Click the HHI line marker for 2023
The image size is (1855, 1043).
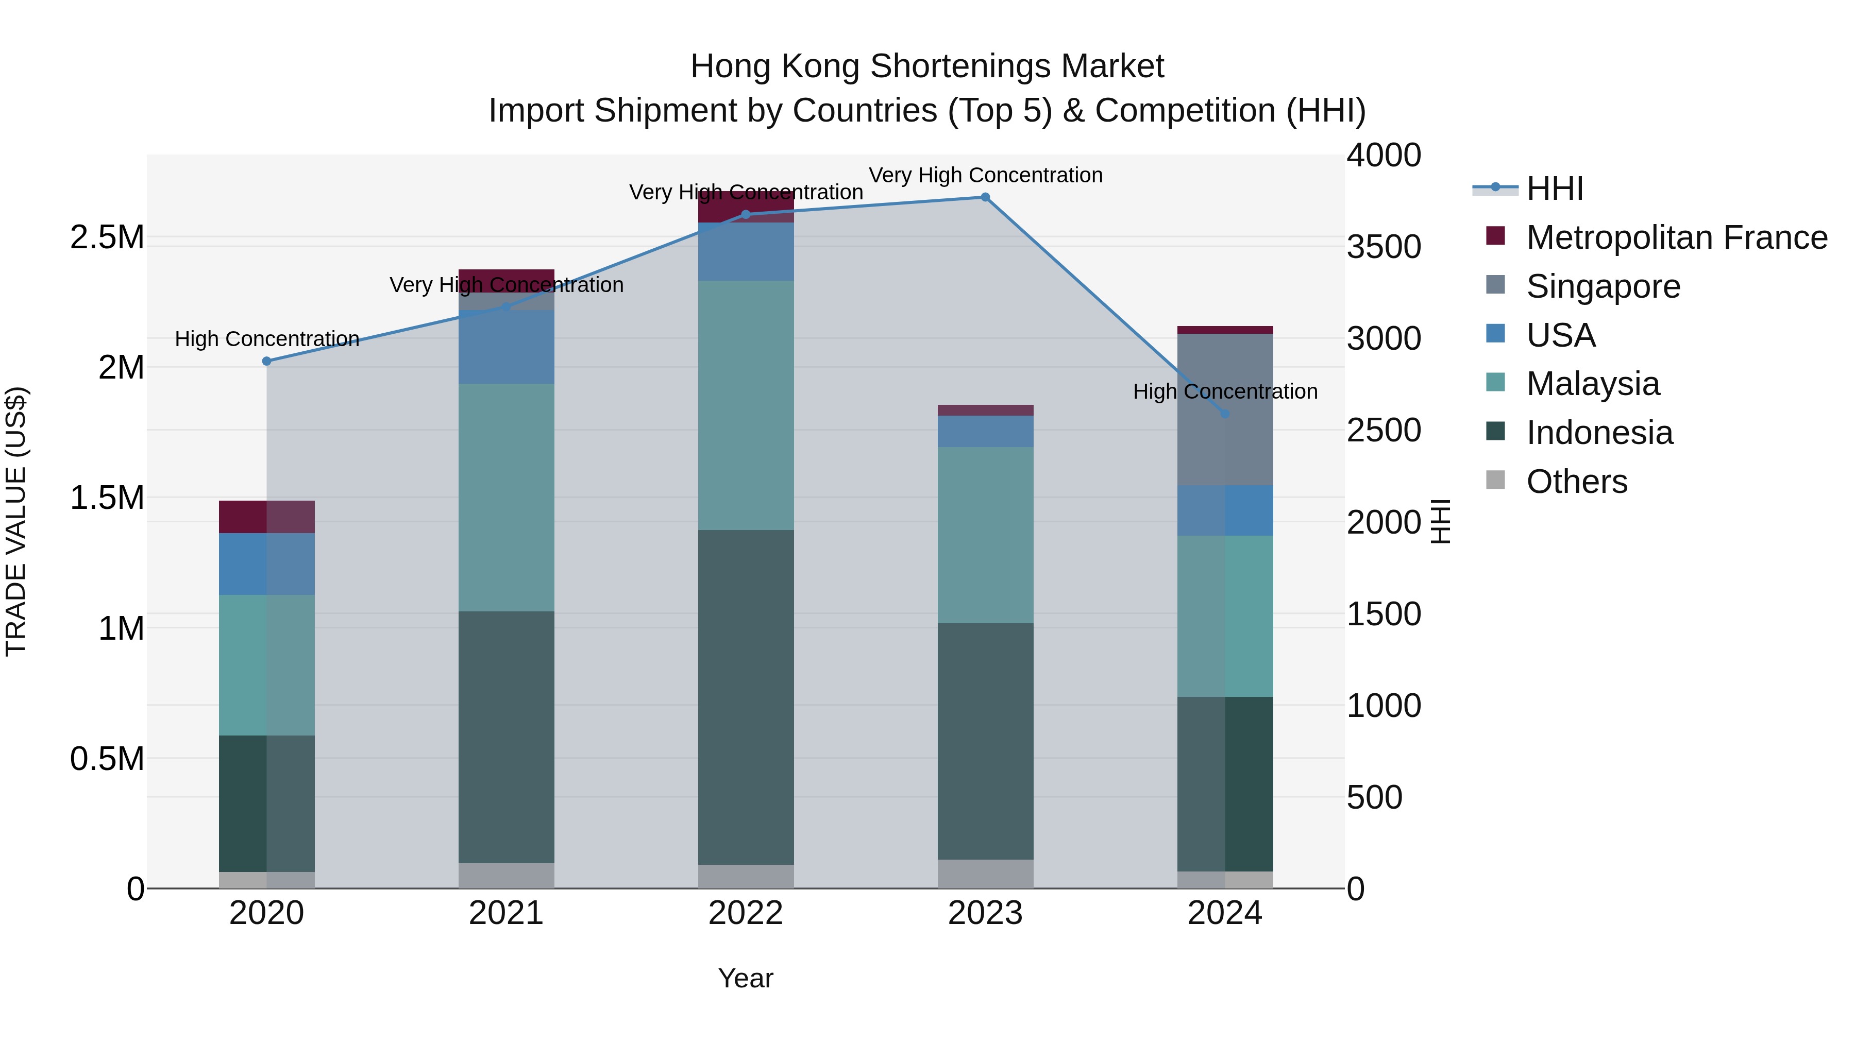pos(985,197)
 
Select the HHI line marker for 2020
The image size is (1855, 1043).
pos(266,362)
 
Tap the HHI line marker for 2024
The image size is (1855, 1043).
pos(1225,414)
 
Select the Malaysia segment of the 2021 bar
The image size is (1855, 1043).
pos(506,498)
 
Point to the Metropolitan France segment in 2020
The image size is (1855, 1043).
pos(266,517)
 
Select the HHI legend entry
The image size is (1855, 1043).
pos(1554,189)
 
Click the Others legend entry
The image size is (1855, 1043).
pos(1576,482)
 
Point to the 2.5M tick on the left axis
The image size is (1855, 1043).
pos(107,237)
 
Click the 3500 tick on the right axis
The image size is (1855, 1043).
pos(1384,247)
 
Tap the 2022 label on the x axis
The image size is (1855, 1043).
pos(746,913)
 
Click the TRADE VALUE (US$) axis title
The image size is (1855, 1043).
pos(16,521)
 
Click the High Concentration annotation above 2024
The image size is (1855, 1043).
pos(1225,391)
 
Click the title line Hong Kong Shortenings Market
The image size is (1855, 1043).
pos(927,66)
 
